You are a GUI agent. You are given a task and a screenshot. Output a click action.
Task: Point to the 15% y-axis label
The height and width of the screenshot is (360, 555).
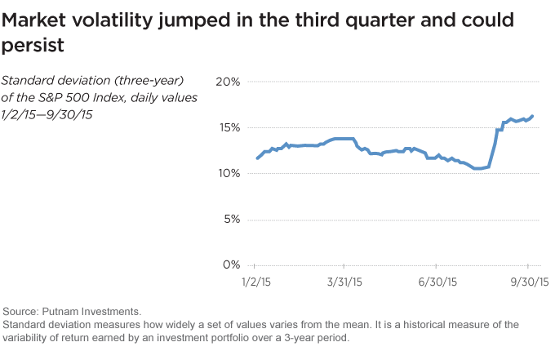[228, 127]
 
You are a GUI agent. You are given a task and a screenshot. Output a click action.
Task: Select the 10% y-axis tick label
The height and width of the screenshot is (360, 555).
[228, 173]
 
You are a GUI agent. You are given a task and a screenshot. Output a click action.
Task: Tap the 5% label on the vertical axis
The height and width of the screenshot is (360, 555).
[231, 219]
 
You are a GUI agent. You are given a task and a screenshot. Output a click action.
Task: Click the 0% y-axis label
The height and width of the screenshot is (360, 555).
[231, 264]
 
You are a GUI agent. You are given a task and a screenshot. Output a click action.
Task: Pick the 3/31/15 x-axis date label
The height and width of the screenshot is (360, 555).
[343, 282]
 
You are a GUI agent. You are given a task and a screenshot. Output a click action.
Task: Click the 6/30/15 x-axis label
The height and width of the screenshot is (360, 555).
[435, 282]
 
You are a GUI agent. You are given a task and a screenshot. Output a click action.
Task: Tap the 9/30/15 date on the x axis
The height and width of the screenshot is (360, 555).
[527, 282]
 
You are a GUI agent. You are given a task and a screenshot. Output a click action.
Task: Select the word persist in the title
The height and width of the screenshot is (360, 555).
[33, 47]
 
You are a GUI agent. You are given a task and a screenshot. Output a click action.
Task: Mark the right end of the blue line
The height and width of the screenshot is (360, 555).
[533, 116]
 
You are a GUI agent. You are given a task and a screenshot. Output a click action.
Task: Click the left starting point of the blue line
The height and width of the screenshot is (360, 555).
[257, 158]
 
